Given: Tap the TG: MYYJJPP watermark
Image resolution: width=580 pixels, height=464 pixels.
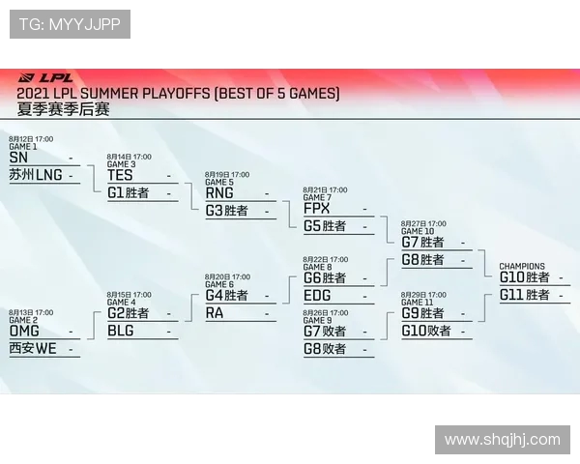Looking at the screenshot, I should [70, 24].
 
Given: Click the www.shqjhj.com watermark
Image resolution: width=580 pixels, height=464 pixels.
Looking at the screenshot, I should [502, 440].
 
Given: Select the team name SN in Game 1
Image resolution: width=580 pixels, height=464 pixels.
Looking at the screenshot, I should [18, 158].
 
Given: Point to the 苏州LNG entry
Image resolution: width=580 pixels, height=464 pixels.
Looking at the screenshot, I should [36, 175].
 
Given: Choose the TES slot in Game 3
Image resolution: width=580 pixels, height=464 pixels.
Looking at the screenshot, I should [120, 175].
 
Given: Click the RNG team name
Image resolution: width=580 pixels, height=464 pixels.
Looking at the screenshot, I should [219, 192].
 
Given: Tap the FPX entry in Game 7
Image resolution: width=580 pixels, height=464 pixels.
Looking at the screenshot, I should [317, 209].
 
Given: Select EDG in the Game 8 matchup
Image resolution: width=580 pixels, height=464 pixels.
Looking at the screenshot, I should [317, 296].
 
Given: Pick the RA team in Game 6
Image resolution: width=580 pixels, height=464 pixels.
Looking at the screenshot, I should [215, 312].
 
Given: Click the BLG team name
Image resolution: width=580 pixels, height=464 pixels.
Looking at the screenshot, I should [121, 331].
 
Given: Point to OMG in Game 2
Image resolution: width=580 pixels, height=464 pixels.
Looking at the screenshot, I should [24, 331].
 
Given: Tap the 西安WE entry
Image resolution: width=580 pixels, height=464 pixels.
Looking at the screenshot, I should [33, 348].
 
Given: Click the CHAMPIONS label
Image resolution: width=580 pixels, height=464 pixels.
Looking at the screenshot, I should [522, 267].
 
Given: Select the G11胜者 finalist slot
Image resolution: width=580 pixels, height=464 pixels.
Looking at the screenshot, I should [525, 295].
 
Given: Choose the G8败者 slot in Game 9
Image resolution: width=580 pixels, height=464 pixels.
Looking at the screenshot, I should [325, 348].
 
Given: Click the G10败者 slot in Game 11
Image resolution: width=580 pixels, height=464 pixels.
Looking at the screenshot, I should [426, 331].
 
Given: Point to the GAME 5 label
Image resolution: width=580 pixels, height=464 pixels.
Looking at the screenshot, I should [218, 182].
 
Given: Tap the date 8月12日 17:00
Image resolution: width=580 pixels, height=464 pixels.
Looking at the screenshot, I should [31, 139].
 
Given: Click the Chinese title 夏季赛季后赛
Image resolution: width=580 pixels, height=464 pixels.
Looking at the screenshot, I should [64, 109].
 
